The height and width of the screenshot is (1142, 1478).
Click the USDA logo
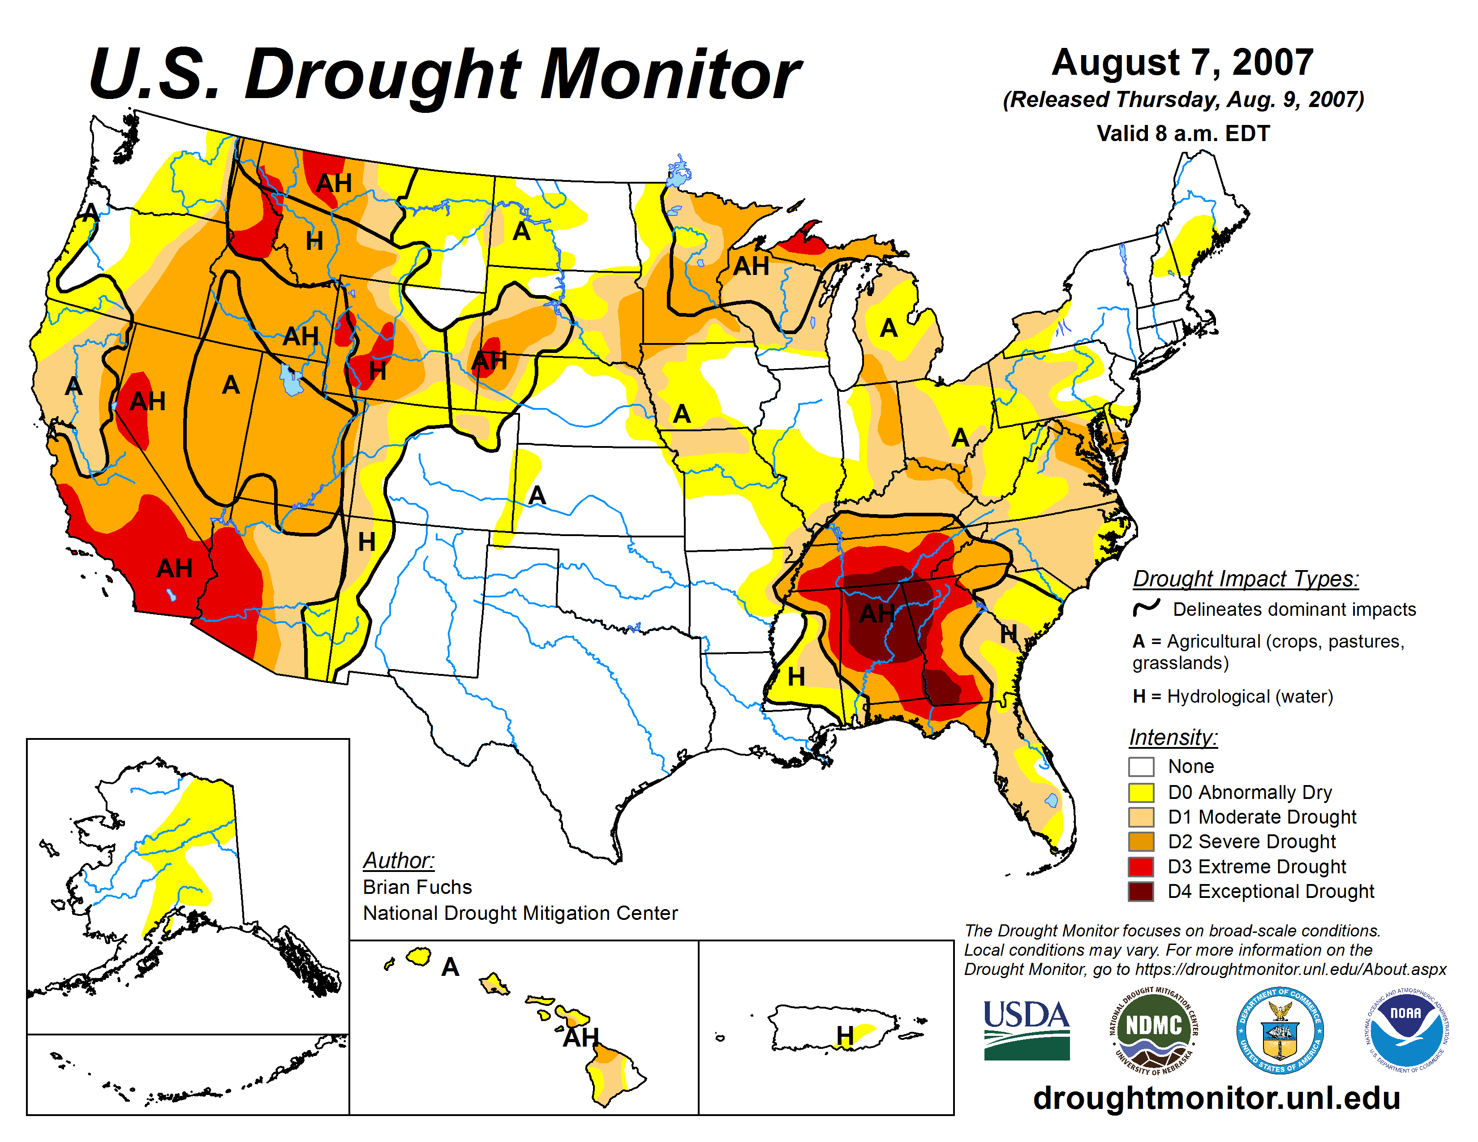pyautogui.click(x=1026, y=1030)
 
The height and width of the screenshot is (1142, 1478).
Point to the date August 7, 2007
pyautogui.click(x=1182, y=63)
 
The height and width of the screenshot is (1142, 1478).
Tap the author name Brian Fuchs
pyautogui.click(x=417, y=887)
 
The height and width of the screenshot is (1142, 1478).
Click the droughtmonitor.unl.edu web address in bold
pyautogui.click(x=1216, y=1097)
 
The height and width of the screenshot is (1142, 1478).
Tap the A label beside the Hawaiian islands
pyautogui.click(x=450, y=967)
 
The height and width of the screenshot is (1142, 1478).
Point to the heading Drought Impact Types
pyautogui.click(x=1245, y=579)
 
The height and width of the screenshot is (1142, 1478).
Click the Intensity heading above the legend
pyautogui.click(x=1173, y=737)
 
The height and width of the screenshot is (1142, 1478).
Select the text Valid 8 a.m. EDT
pyautogui.click(x=1183, y=133)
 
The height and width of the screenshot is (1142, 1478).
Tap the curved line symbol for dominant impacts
pyautogui.click(x=1147, y=608)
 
